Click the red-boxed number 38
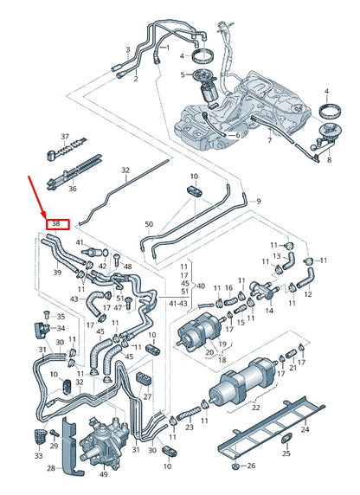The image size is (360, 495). pyautogui.click(x=56, y=223)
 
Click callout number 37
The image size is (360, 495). pyautogui.click(x=63, y=138)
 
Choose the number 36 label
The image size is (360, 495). pyautogui.click(x=72, y=189)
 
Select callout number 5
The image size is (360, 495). pyautogui.click(x=183, y=75)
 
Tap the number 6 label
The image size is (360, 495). pyautogui.click(x=236, y=136)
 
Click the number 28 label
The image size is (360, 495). pyautogui.click(x=50, y=468)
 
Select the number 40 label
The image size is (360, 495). pyautogui.click(x=201, y=285)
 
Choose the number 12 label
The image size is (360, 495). pyautogui.click(x=308, y=295)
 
